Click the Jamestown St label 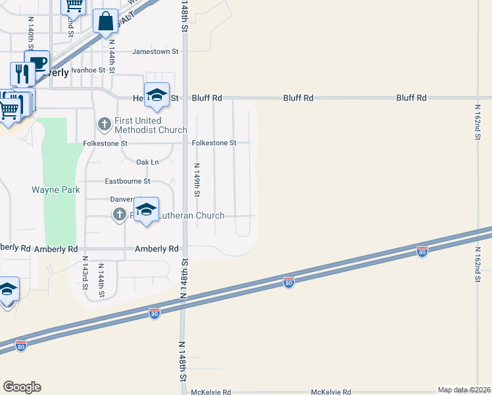coord(156,51)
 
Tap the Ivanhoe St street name coord(88,70)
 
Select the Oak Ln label coord(147,162)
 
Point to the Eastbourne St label coord(128,181)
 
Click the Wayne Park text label coord(55,190)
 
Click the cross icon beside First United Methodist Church coord(104,123)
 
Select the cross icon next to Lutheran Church coord(119,214)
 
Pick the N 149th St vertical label coord(197,180)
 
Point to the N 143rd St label coord(85,276)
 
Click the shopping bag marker coord(105,21)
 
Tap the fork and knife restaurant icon coord(22,73)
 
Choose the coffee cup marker coord(37,63)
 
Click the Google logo coord(22,386)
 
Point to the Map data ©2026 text coord(463,390)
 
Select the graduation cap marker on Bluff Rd coord(157,95)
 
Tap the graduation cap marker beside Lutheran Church coord(147,211)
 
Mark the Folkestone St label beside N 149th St coord(214,143)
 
